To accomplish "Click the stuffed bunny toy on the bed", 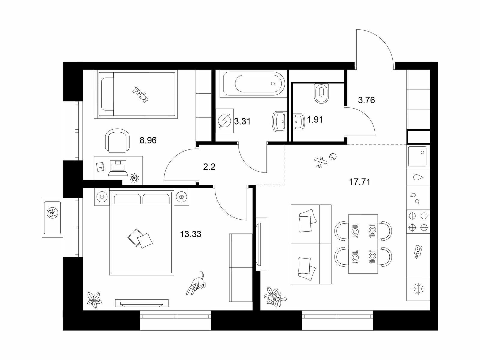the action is tap(140, 94).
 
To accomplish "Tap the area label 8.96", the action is tap(148, 140).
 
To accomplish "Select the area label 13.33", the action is tap(190, 234).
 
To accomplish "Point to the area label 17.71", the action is tap(359, 181).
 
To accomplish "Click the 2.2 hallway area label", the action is tap(209, 167).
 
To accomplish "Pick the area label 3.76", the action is tap(366, 100).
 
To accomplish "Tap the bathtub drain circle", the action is tap(273, 83).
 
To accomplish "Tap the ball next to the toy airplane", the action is tap(333, 157).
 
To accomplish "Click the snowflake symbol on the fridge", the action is tap(418, 289).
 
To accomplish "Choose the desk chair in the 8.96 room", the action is tap(117, 140).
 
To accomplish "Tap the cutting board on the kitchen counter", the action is tap(418, 252).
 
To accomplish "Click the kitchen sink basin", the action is tap(417, 156).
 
